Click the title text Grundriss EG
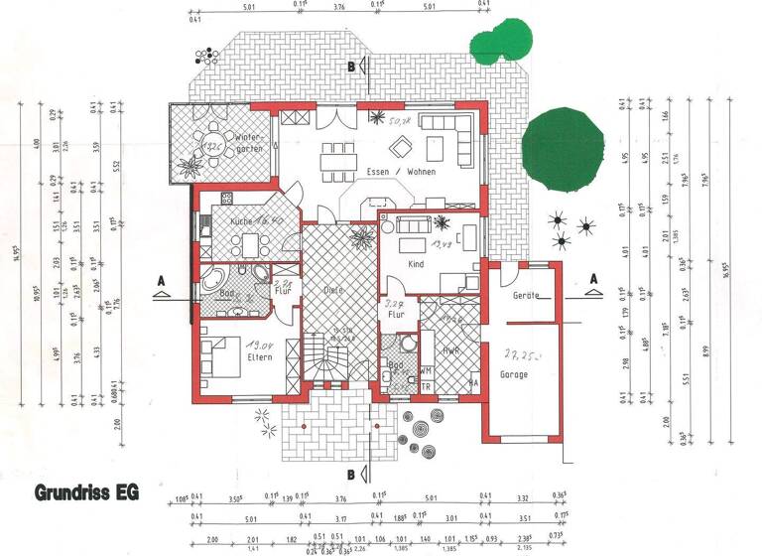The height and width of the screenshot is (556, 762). [86, 491]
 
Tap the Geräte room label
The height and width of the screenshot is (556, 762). [526, 295]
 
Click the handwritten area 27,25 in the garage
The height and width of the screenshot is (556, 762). [518, 354]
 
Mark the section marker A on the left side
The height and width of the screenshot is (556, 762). [159, 281]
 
